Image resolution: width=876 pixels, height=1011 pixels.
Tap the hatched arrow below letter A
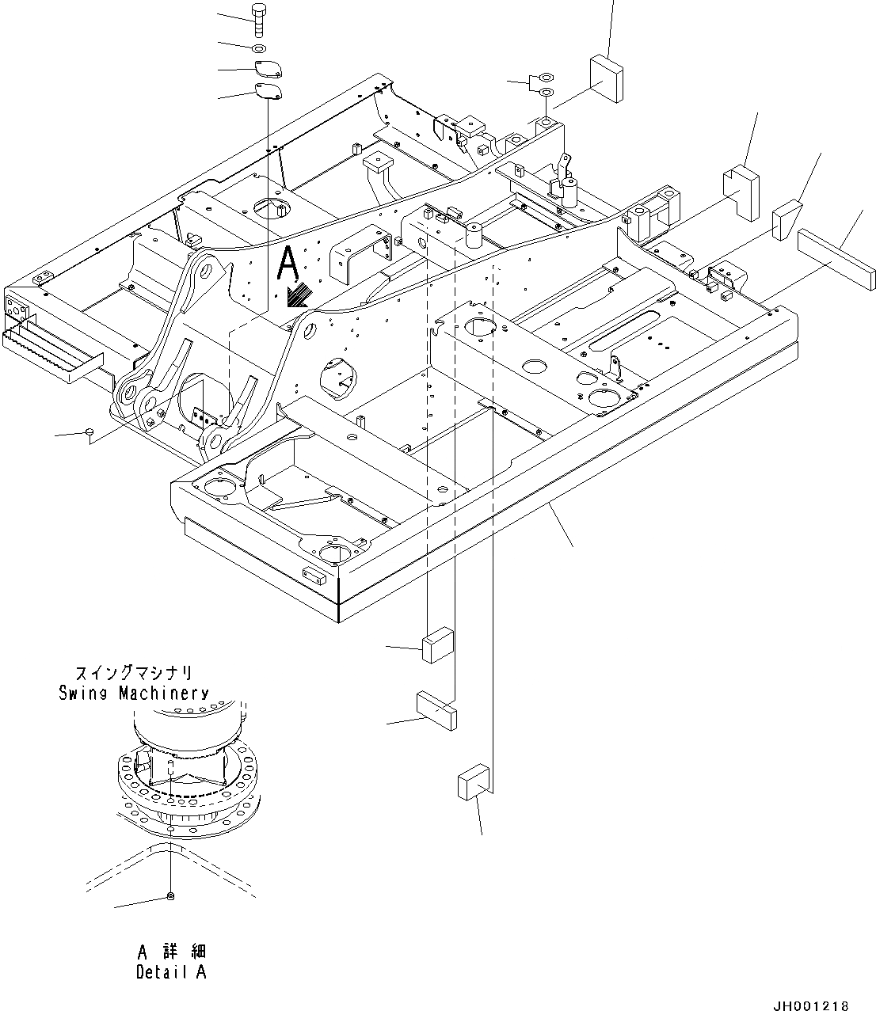pyautogui.click(x=299, y=296)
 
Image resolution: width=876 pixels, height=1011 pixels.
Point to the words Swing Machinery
pyautogui.click(x=134, y=694)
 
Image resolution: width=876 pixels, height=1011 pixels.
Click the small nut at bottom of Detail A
pyautogui.click(x=170, y=895)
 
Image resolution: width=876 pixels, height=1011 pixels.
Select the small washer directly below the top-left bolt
pyautogui.click(x=258, y=48)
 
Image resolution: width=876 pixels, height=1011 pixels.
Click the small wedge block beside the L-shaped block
pyautogui.click(x=786, y=219)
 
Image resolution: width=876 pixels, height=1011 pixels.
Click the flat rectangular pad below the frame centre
pyautogui.click(x=436, y=709)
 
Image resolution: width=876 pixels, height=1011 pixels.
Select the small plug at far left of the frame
pyautogui.click(x=90, y=431)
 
